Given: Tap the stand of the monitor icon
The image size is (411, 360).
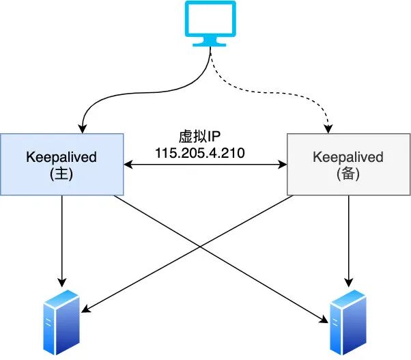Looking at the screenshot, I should pos(210,42).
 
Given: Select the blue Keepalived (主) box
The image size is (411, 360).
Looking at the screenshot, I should pos(61,165).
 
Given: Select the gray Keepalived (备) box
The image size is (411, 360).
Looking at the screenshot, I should pos(348,165).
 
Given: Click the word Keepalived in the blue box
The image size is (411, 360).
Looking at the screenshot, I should pos(61,157).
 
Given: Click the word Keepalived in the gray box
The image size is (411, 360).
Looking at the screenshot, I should pos(348,157).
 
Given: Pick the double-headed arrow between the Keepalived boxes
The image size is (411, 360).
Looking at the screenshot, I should pos(205,165).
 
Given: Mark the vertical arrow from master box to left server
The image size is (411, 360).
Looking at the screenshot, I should pos(62,239).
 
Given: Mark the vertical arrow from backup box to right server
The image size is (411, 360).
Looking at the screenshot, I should pos(349,239).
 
